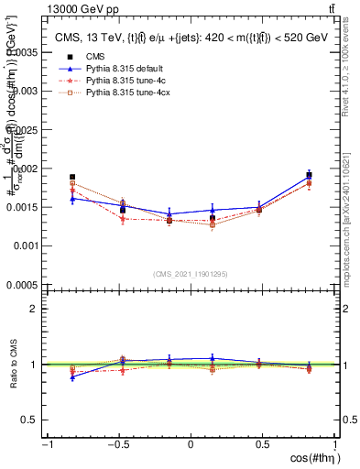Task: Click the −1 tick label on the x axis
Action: (46, 444)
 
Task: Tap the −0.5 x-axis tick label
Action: (116, 444)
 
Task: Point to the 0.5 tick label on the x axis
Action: (263, 444)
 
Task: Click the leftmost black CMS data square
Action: (72, 177)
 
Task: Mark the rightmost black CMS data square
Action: (309, 175)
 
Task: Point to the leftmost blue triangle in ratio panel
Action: (72, 376)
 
